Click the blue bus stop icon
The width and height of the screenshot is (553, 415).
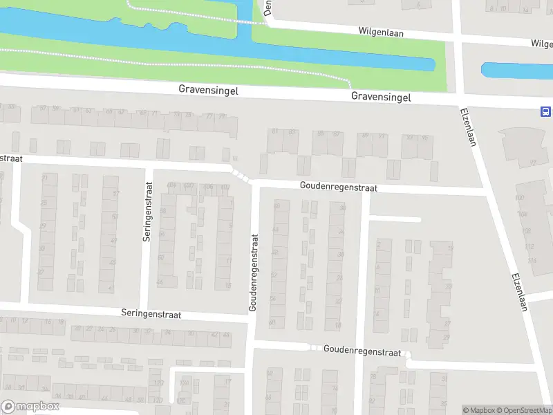pos(545,112)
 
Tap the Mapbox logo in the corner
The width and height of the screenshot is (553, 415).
pos(30,407)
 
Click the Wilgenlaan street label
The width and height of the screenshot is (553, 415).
pos(381,32)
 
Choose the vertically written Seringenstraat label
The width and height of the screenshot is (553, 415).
pos(147,211)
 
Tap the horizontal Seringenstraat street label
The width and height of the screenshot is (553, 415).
pos(150,314)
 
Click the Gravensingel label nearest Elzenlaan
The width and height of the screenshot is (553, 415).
pos(381,97)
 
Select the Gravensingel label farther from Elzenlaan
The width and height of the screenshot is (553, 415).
pos(208,90)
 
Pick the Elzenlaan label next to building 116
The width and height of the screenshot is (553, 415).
pos(520,290)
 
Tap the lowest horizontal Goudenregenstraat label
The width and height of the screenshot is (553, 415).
pos(362,351)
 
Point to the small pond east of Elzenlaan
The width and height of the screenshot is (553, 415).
pos(515,71)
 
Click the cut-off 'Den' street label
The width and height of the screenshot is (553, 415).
pos(267,8)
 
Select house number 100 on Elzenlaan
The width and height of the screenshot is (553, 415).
pos(520,199)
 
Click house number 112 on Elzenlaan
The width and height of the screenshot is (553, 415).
pos(529,247)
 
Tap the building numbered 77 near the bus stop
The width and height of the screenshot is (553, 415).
pos(533,163)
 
